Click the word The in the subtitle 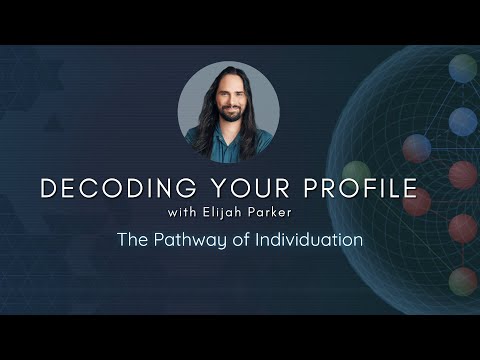pos(132,240)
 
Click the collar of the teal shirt pos(226,137)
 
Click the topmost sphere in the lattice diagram pos(462,68)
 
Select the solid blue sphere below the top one pos(462,122)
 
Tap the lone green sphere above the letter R pos(357,171)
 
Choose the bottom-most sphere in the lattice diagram pos(462,282)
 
